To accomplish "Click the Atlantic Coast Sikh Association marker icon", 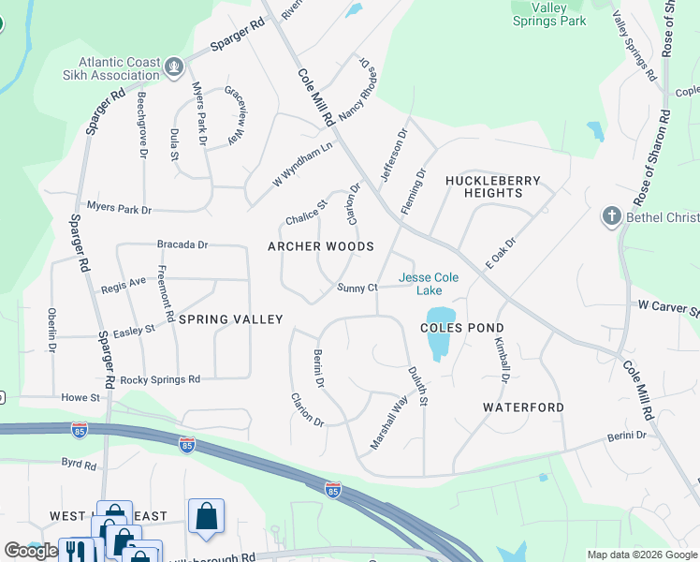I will click(x=174, y=67).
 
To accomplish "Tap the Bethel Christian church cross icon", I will click(x=611, y=217).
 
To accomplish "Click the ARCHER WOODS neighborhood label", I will click(x=321, y=247).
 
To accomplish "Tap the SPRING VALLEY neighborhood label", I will click(x=230, y=319).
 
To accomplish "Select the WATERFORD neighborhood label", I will click(x=523, y=407).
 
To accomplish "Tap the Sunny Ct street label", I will click(x=357, y=288).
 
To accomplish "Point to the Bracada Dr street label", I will click(x=182, y=244).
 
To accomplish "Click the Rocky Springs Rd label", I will click(x=160, y=379).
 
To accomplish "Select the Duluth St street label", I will click(x=417, y=386).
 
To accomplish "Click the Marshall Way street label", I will click(x=389, y=422).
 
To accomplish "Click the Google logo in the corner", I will click(x=31, y=551).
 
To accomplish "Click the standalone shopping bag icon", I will click(x=206, y=515).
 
